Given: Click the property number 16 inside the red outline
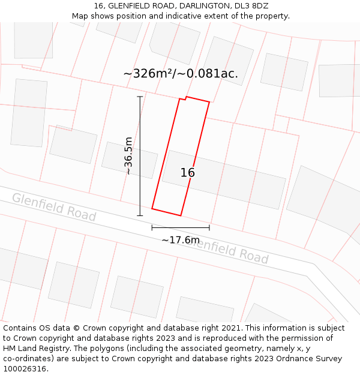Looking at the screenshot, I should (x=188, y=173).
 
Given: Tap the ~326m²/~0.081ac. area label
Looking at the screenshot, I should (x=181, y=74).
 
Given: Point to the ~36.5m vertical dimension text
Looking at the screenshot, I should (x=128, y=155).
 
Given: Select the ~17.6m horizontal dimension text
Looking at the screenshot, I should (x=181, y=240).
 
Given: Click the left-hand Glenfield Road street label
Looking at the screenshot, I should (x=54, y=206).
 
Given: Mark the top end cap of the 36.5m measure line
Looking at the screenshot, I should (x=140, y=97).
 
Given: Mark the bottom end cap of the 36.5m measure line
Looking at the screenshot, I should (x=140, y=215).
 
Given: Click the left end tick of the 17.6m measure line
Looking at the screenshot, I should (x=152, y=227).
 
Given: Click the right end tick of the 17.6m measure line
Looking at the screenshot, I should (x=209, y=227).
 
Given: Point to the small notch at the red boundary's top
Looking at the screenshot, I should (x=183, y=98).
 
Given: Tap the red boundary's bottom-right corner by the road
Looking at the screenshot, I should (x=181, y=215).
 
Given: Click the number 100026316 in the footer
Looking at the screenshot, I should (x=24, y=368).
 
